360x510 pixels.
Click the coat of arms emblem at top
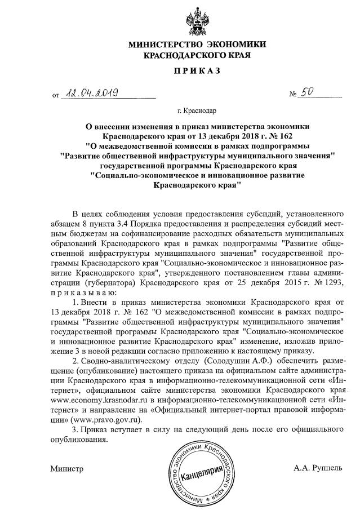coord(197,20)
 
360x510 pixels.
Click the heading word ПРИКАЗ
coord(197,72)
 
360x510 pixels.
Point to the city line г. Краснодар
coord(197,111)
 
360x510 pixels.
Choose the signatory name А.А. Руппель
coord(318,468)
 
